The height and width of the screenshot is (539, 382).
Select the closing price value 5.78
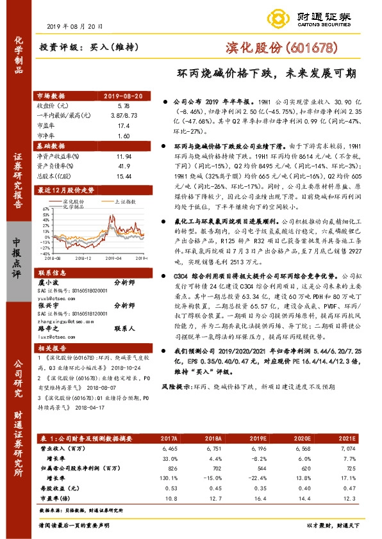pos(124,104)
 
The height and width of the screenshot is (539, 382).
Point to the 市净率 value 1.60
pos(124,136)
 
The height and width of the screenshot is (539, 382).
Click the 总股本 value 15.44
pos(124,175)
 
